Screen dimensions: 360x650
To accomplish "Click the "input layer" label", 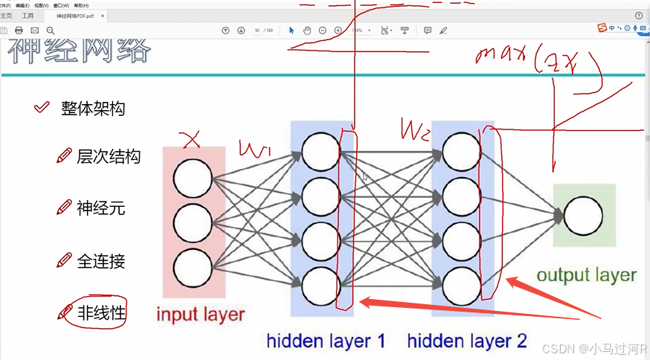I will [200, 314].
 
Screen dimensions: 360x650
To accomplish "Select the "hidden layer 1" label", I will [326, 341].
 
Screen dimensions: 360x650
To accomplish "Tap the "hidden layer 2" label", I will [467, 341].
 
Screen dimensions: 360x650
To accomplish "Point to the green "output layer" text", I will [586, 275].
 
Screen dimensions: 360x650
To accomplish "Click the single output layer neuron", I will [583, 216].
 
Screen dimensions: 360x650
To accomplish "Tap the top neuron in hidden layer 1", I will [321, 151].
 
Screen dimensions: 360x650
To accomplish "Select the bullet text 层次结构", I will [109, 156].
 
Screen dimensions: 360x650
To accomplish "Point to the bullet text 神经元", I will [100, 208].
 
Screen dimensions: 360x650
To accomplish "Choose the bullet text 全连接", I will [100, 261].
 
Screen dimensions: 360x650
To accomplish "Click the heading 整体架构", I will [93, 109].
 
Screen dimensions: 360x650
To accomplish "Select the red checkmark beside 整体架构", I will [42, 109].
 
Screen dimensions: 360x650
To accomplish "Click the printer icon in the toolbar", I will [19, 30].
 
